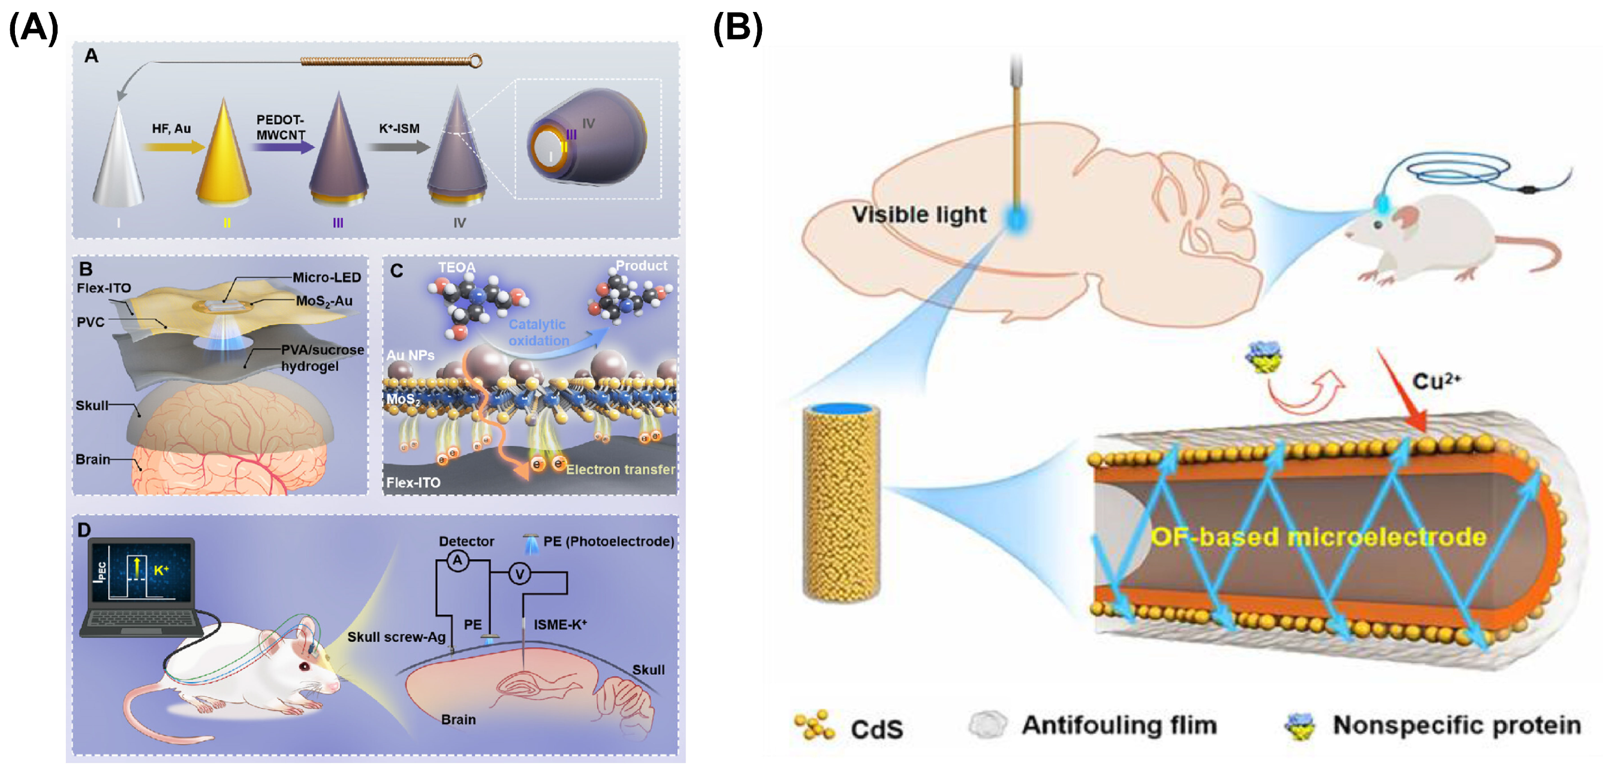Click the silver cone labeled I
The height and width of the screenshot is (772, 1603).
(118, 162)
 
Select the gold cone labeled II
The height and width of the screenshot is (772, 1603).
(224, 159)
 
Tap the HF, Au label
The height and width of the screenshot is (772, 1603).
(171, 128)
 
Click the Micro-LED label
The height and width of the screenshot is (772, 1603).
(327, 277)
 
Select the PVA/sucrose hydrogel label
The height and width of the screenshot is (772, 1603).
(322, 358)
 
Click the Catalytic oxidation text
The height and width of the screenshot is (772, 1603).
(538, 332)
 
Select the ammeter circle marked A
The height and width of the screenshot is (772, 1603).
(458, 560)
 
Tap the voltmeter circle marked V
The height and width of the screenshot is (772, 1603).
(519, 573)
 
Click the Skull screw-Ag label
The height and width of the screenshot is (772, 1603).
(397, 637)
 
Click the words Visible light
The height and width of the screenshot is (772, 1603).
(918, 215)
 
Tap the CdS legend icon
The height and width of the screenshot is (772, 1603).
(814, 725)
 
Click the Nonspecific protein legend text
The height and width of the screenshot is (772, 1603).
(1456, 725)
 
